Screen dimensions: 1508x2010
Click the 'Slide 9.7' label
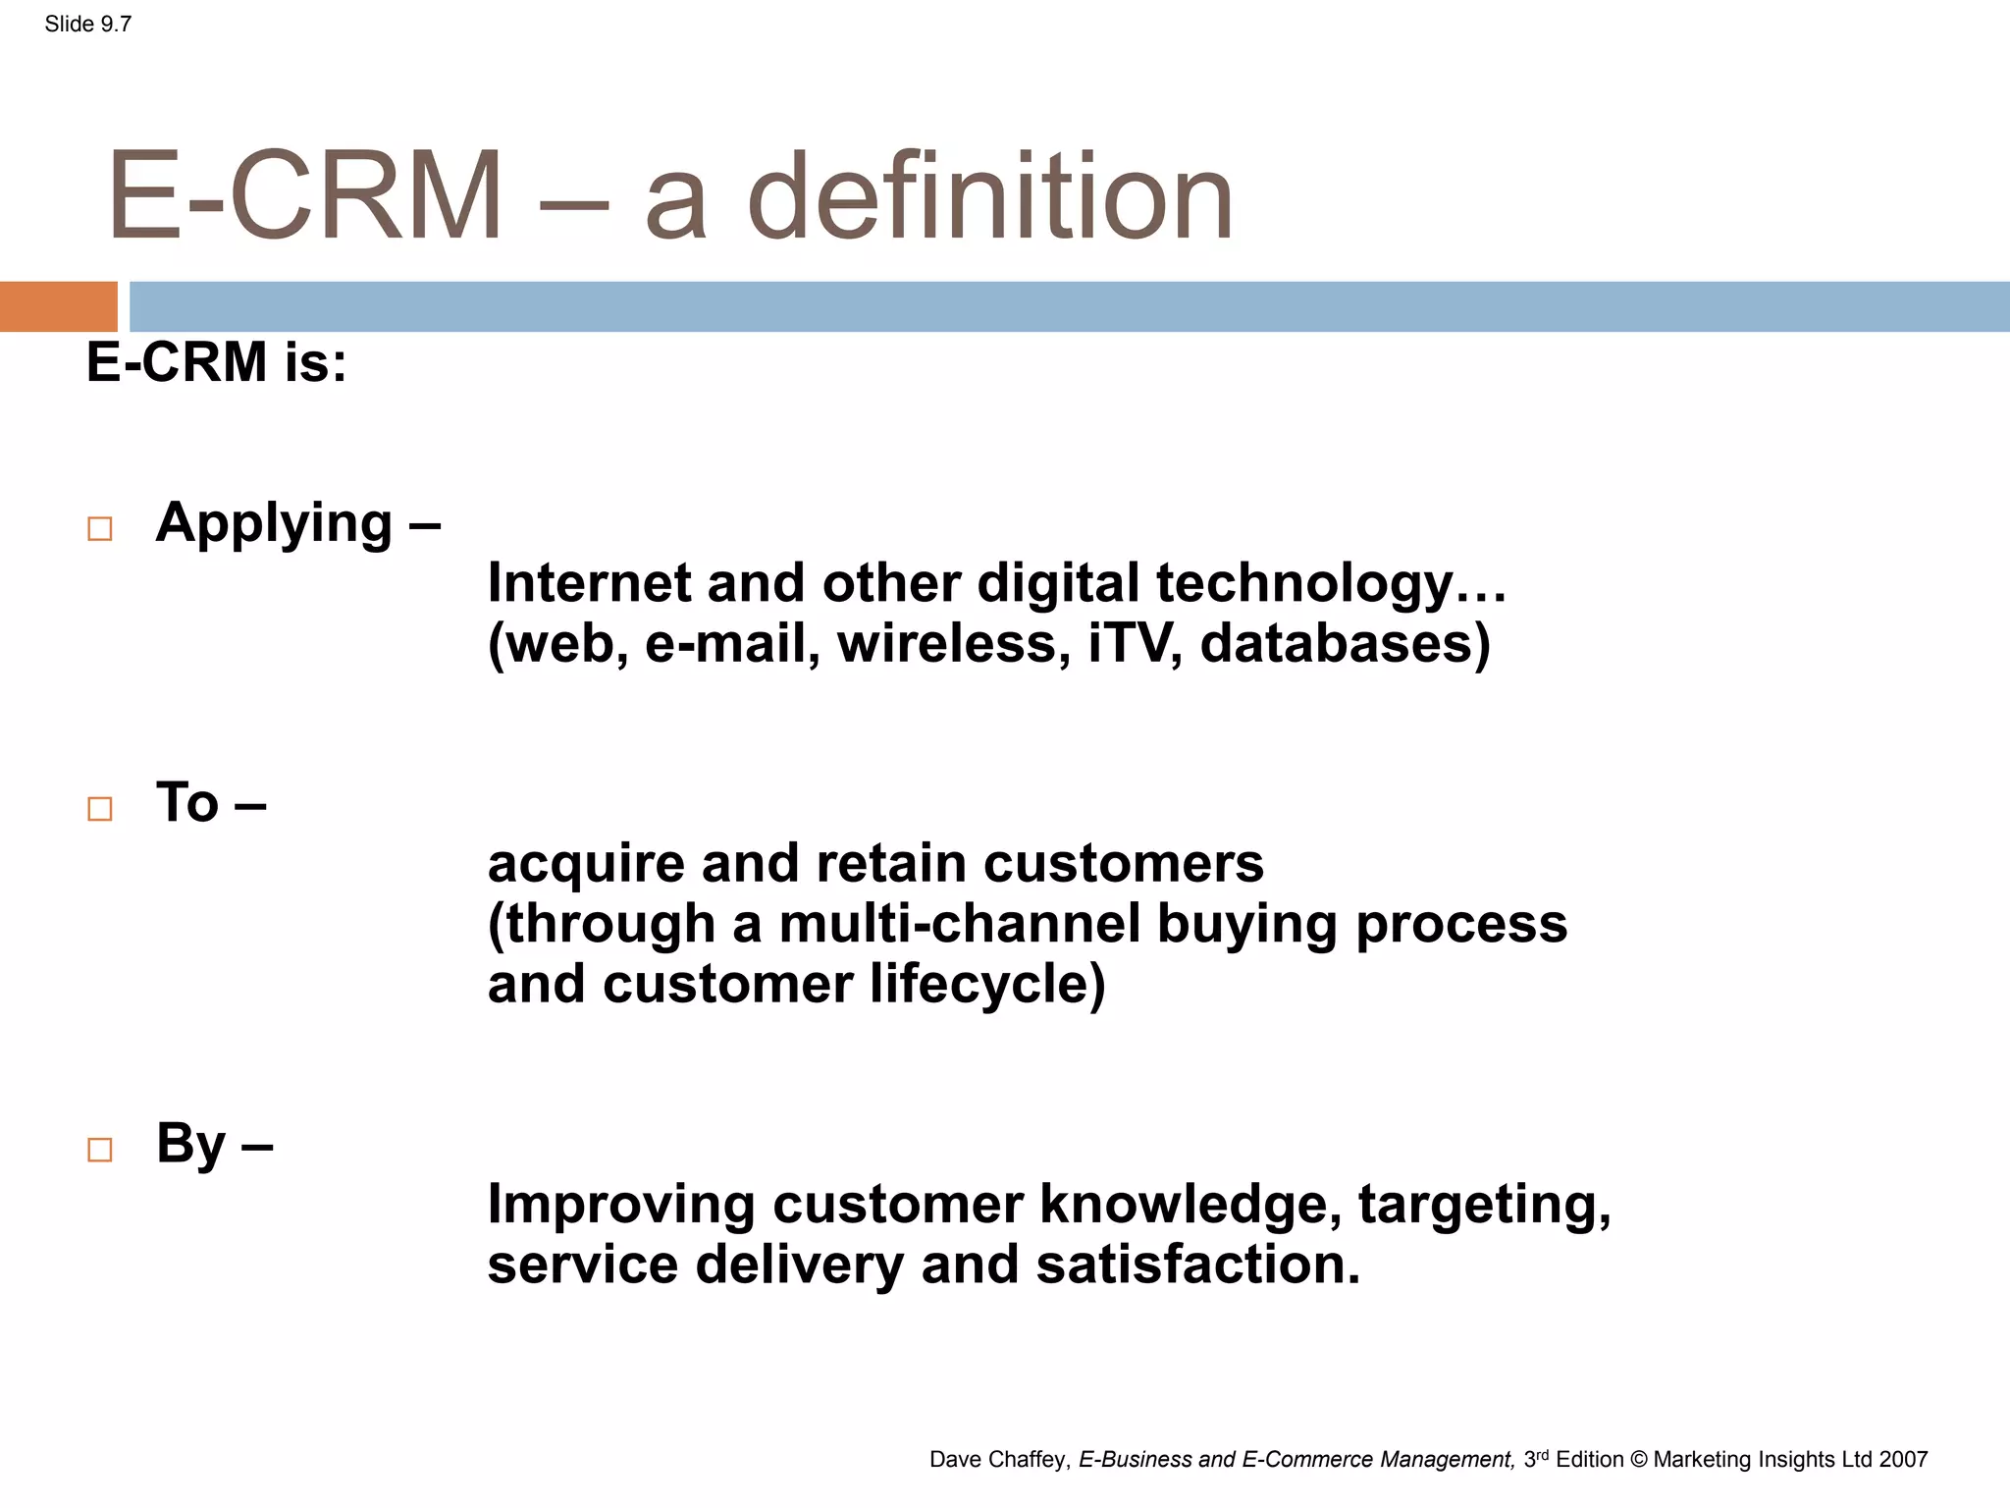pos(87,25)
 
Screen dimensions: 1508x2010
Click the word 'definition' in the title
pos(989,196)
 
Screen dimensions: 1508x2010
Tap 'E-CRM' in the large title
pos(305,196)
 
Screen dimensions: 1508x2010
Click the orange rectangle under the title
pos(58,306)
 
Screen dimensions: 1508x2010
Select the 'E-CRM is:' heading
pos(216,361)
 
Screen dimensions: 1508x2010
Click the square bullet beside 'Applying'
pos(100,529)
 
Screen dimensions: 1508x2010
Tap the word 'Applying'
pos(274,523)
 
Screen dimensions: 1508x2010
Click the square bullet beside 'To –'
pos(100,809)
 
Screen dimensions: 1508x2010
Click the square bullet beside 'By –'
pos(100,1150)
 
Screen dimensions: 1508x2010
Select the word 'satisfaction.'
pos(1198,1265)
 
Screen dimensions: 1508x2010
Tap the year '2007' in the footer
pos(1903,1460)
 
